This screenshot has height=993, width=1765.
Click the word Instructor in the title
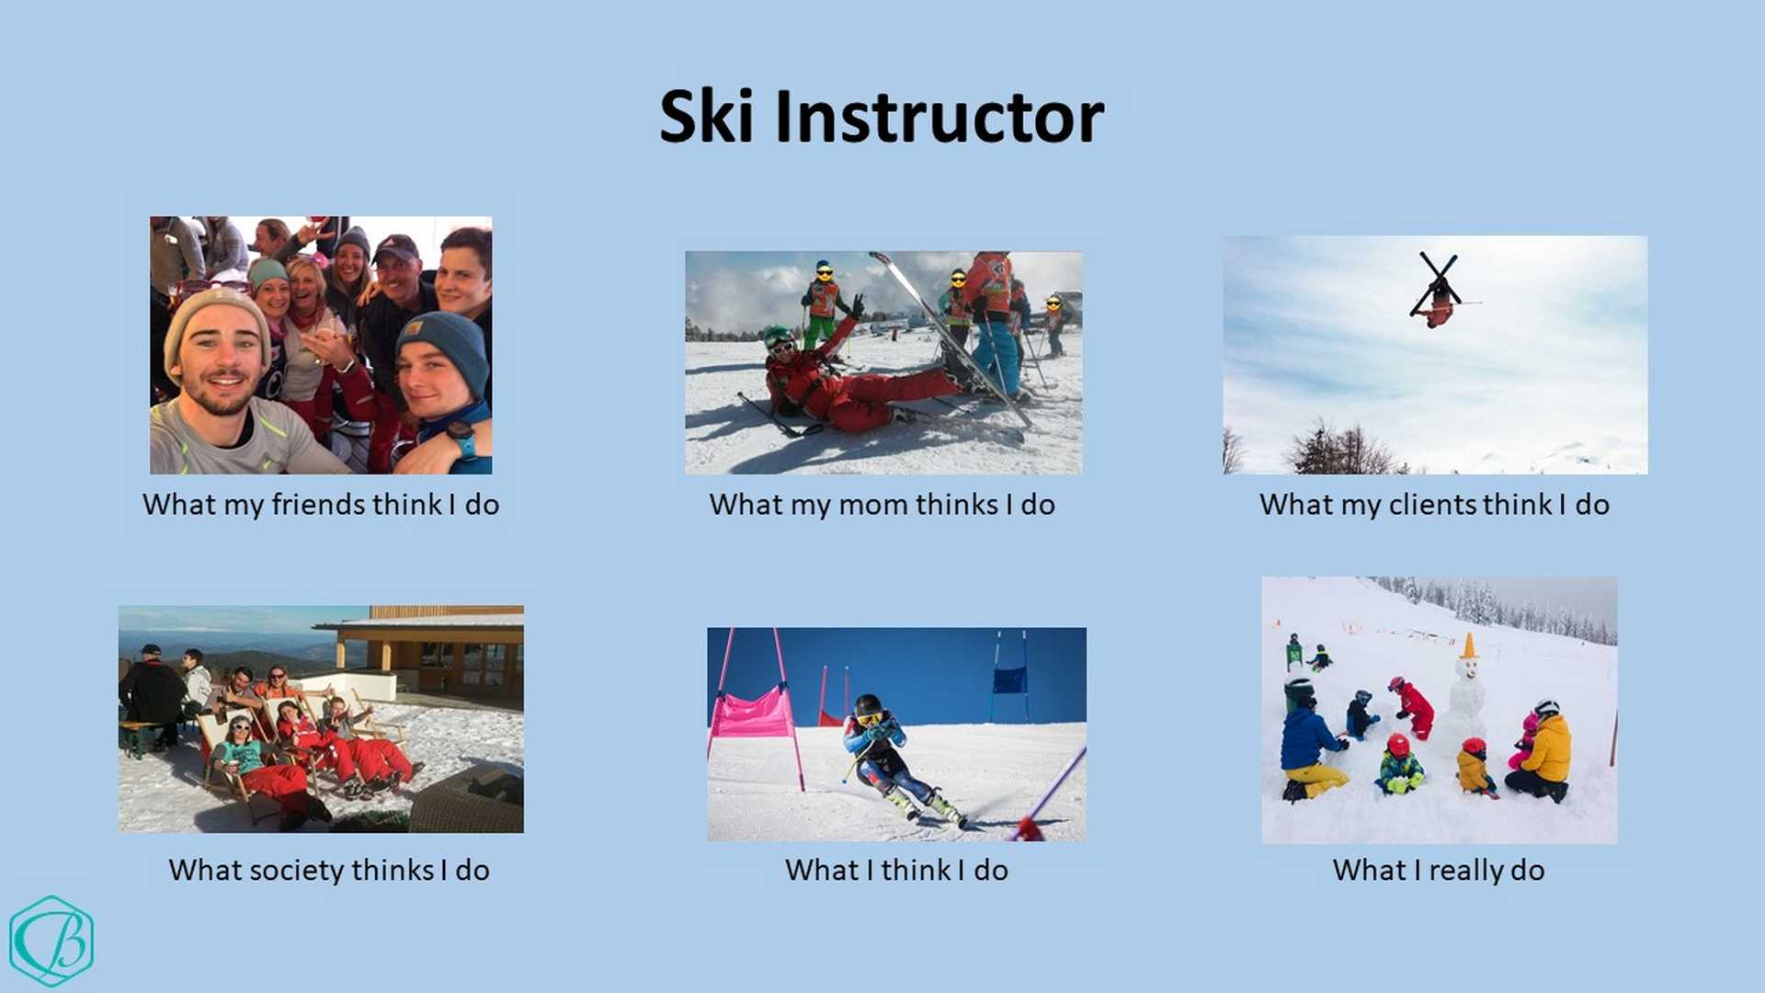coord(939,117)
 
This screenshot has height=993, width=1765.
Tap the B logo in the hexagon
coord(51,941)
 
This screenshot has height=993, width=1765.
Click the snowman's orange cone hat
coord(1468,645)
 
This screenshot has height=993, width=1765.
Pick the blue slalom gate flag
coord(1008,679)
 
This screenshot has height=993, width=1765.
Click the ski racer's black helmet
coord(867,706)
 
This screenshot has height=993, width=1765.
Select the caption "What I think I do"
coord(896,870)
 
